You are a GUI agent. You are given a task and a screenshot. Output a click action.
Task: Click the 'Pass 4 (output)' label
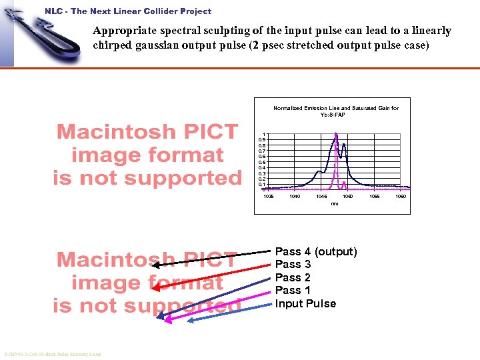coord(316,251)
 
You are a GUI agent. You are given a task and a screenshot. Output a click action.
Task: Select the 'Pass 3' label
coord(293,264)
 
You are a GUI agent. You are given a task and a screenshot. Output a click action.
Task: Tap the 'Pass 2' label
coord(293,277)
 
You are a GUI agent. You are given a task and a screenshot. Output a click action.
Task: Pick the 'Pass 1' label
coord(293,290)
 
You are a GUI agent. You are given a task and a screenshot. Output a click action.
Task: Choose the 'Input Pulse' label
coord(305,303)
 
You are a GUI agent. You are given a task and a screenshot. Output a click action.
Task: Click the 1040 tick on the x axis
coord(295,197)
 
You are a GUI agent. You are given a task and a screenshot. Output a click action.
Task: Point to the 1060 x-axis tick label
coord(400,197)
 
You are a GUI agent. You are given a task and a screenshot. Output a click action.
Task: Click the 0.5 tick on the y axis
coord(263,162)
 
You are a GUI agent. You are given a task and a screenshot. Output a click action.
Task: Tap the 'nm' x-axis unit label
coord(334,204)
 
